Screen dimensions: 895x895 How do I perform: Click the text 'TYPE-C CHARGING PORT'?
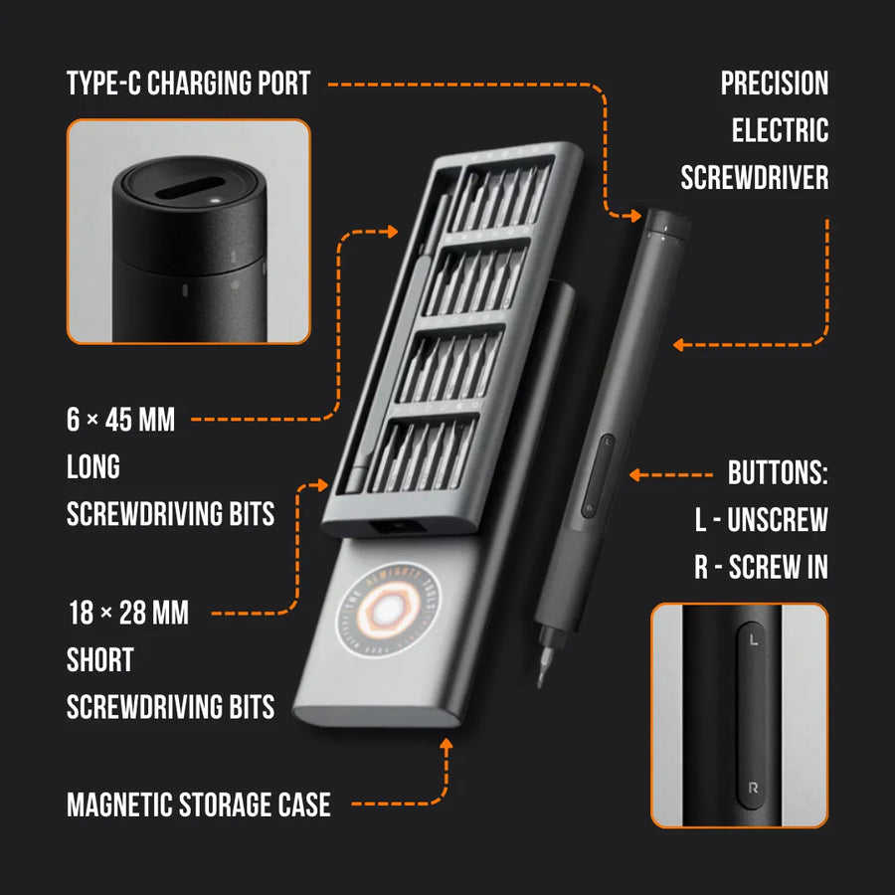(x=189, y=84)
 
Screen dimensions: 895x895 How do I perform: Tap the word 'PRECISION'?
(x=774, y=84)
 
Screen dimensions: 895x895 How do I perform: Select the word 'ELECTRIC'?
(x=780, y=130)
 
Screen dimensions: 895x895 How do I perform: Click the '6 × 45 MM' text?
(x=120, y=420)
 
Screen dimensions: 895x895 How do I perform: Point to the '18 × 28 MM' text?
(x=127, y=613)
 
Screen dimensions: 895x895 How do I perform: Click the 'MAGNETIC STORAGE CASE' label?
(x=198, y=804)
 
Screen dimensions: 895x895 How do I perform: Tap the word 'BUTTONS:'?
(x=778, y=472)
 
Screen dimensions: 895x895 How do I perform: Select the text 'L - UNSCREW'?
(x=762, y=519)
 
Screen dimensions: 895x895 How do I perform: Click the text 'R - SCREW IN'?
(x=761, y=567)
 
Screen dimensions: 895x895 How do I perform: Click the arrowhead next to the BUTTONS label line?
(x=636, y=474)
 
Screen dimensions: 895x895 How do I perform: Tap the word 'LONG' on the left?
(x=93, y=466)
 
